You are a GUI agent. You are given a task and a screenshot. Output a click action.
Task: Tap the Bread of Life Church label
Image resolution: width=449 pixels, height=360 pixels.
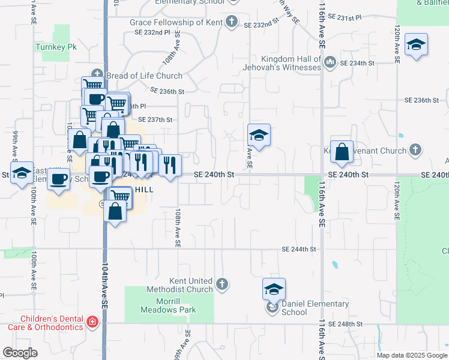point(144,76)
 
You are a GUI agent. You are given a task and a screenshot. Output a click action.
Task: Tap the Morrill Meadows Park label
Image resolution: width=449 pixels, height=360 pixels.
point(168,305)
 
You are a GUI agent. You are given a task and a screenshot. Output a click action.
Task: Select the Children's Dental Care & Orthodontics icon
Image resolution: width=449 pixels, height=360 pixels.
point(92,323)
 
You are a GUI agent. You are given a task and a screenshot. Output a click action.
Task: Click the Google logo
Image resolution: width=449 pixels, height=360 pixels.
point(20,353)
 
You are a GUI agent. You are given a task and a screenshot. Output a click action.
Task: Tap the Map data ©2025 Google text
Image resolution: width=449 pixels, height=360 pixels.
point(412,355)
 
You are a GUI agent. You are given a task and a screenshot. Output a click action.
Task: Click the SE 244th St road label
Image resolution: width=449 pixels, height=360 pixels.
point(299,249)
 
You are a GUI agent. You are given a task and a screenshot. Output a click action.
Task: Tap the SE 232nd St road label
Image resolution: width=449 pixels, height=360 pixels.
point(262,25)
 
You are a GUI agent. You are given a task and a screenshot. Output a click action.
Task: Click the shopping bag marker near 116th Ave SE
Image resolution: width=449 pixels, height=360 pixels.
point(342,153)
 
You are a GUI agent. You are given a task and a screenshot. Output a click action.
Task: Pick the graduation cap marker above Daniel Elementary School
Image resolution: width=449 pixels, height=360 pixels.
point(274,290)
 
